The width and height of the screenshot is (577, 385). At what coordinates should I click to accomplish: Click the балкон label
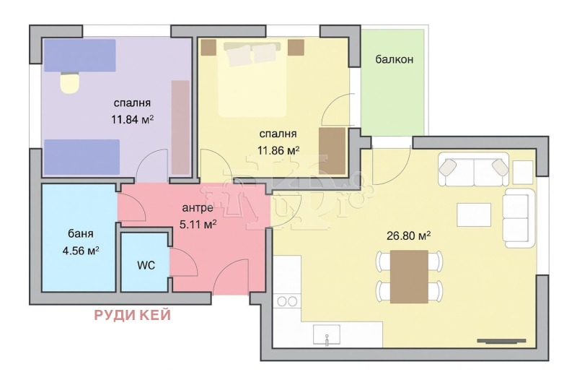pyautogui.click(x=394, y=59)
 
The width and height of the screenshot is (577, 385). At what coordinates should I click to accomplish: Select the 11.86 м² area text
pyautogui.click(x=278, y=150)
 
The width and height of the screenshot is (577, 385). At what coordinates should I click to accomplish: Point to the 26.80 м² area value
pyautogui.click(x=410, y=235)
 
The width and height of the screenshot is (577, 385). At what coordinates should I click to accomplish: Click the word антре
pyautogui.click(x=197, y=208)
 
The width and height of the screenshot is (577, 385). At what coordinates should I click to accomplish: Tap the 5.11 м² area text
pyautogui.click(x=198, y=224)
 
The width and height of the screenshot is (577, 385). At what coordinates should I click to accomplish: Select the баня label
pyautogui.click(x=80, y=235)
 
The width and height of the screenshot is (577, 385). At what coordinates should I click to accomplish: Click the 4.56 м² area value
pyautogui.click(x=80, y=251)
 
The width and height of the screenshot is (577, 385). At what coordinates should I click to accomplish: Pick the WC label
pyautogui.click(x=146, y=264)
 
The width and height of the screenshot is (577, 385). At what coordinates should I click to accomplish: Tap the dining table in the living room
pyautogui.click(x=410, y=276)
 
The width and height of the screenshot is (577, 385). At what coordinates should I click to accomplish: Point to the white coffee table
pyautogui.click(x=474, y=215)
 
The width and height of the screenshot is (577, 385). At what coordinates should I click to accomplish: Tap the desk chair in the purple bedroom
pyautogui.click(x=69, y=83)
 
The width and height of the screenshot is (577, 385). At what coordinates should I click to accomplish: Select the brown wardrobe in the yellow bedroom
pyautogui.click(x=332, y=150)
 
